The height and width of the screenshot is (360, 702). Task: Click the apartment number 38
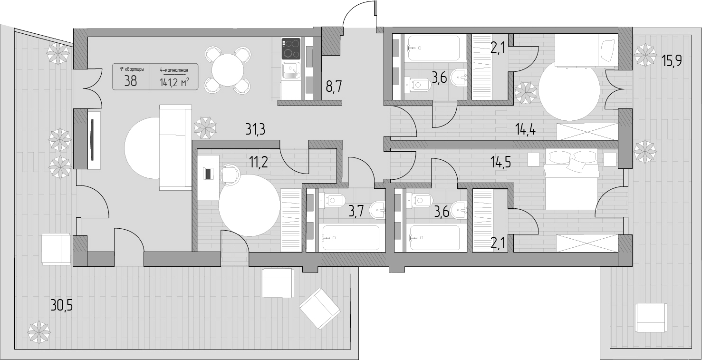(x=131, y=81)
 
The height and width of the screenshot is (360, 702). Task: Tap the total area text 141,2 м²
(x=174, y=82)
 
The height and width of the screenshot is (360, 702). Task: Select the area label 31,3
(x=255, y=129)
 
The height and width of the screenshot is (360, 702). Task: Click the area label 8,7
(x=334, y=86)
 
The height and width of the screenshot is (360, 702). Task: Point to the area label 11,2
(x=258, y=162)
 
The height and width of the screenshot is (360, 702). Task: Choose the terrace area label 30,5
(x=61, y=305)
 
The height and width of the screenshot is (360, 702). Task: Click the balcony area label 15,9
(x=671, y=60)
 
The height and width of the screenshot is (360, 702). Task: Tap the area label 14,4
(x=526, y=129)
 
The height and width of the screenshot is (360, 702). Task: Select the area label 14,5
(x=501, y=162)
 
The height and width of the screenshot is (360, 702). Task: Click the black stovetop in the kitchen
(x=291, y=49)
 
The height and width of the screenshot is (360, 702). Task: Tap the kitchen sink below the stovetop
(x=291, y=70)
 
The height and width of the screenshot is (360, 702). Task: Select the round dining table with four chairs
(x=228, y=70)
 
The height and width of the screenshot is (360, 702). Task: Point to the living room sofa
(x=175, y=148)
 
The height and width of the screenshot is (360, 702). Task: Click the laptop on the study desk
(x=208, y=174)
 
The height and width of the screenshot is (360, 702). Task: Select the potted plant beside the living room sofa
(x=205, y=128)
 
